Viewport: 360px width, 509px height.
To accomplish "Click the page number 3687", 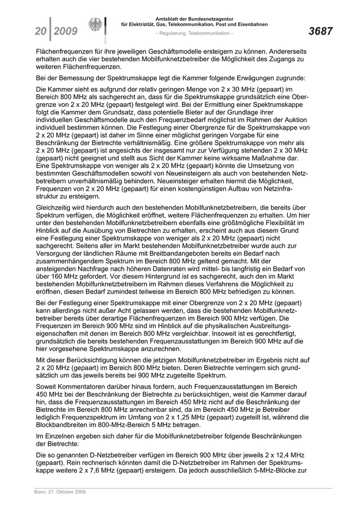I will pyautogui.click(x=320, y=32).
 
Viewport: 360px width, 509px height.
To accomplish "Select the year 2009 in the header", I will pyautogui.click(x=66, y=32).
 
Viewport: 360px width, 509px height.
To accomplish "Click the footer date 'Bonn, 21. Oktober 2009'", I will pyautogui.click(x=57, y=492).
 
